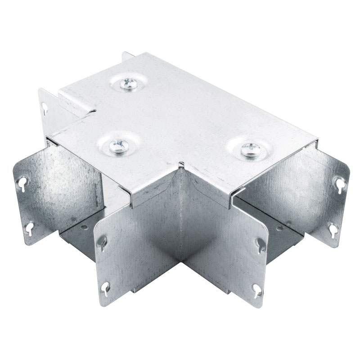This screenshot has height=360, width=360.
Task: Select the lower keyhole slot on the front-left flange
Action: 105,287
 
